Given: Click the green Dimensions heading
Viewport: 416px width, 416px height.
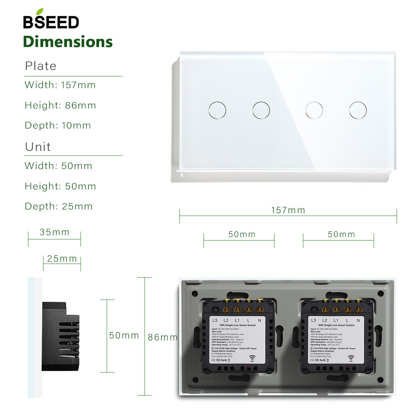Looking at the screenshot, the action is point(68,42).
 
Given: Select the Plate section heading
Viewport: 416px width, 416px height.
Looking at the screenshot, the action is point(40,66).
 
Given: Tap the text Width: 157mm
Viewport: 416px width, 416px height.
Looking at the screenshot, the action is point(60,85).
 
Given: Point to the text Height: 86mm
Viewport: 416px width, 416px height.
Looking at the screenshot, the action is point(60,106).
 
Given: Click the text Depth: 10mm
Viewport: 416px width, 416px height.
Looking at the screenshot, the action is point(58,126).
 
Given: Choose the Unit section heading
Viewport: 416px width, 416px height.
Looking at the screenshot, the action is point(38,147).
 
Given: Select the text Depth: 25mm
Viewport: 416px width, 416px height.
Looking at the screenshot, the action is point(59,206).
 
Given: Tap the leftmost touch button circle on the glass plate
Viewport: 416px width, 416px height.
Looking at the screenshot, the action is point(217,110).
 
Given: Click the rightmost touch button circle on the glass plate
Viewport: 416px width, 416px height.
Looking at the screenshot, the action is point(358,110).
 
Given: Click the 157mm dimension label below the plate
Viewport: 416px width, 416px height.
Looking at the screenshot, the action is point(288,210).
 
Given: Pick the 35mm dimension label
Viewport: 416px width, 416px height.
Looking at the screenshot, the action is point(55,232).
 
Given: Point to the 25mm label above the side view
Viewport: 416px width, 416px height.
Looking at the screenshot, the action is point(62,259).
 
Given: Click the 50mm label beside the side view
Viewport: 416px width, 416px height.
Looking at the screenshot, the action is point(124,335).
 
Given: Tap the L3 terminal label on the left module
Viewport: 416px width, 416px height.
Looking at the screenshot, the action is point(215,320).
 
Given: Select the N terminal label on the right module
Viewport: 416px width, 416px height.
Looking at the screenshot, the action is point(358,320).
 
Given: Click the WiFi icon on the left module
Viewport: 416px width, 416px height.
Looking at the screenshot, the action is point(253,357).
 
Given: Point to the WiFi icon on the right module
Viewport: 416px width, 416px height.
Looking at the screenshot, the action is point(351,357).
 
